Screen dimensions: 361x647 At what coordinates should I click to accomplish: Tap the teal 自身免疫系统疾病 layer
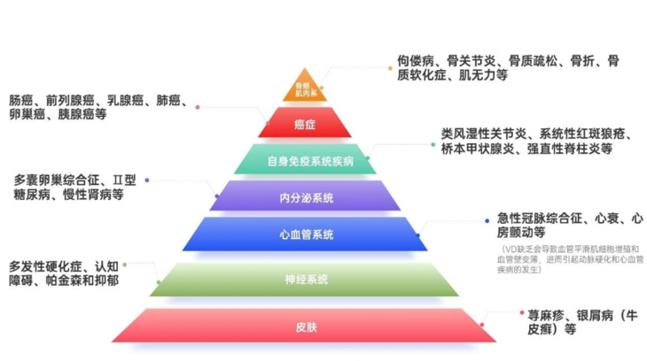coord(305,161)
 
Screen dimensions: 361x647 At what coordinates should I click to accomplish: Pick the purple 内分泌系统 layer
coord(305,197)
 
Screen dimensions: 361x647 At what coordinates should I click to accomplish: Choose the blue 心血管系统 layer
coord(305,234)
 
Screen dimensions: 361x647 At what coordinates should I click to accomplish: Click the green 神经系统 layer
coord(305,279)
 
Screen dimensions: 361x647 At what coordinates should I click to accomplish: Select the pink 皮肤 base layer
coord(305,326)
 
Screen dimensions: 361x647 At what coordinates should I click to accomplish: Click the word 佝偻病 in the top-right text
coord(415,61)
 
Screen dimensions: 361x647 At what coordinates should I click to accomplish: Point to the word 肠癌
coord(22,100)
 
